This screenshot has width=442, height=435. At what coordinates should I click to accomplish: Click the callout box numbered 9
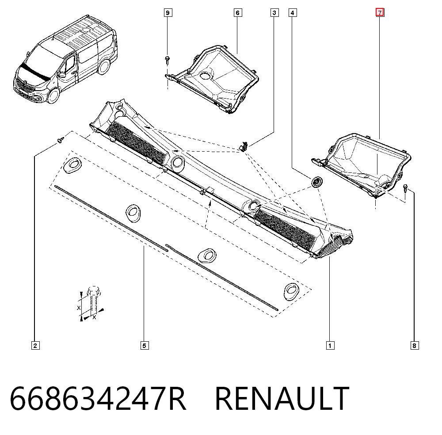168,13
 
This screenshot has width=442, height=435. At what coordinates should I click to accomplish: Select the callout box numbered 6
238,13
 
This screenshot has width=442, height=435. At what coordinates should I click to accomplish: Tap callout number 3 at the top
274,13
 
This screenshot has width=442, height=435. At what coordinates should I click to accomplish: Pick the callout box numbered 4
293,13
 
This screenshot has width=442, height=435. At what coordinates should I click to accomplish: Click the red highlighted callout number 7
380,13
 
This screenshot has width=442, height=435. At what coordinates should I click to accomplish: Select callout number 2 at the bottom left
35,346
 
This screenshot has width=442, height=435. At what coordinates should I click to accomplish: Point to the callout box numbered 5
145,346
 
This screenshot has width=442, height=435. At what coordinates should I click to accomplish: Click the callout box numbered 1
330,346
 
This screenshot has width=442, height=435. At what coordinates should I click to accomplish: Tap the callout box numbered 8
415,346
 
